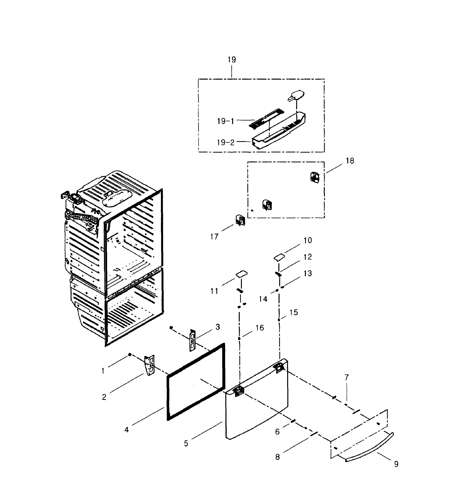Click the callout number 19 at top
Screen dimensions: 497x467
[232, 60]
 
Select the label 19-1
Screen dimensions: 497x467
[225, 121]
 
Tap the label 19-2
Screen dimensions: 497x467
[225, 142]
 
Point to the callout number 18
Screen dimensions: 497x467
[350, 161]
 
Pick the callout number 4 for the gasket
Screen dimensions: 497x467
[127, 429]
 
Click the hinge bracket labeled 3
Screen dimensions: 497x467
[192, 340]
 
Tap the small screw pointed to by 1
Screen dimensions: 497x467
[130, 355]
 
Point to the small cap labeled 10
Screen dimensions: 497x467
[279, 257]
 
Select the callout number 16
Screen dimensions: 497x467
[260, 328]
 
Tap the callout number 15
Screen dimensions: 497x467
[294, 312]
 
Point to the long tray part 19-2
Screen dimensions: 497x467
[278, 131]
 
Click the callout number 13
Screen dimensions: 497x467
[307, 273]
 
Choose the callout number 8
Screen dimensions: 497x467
[277, 457]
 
